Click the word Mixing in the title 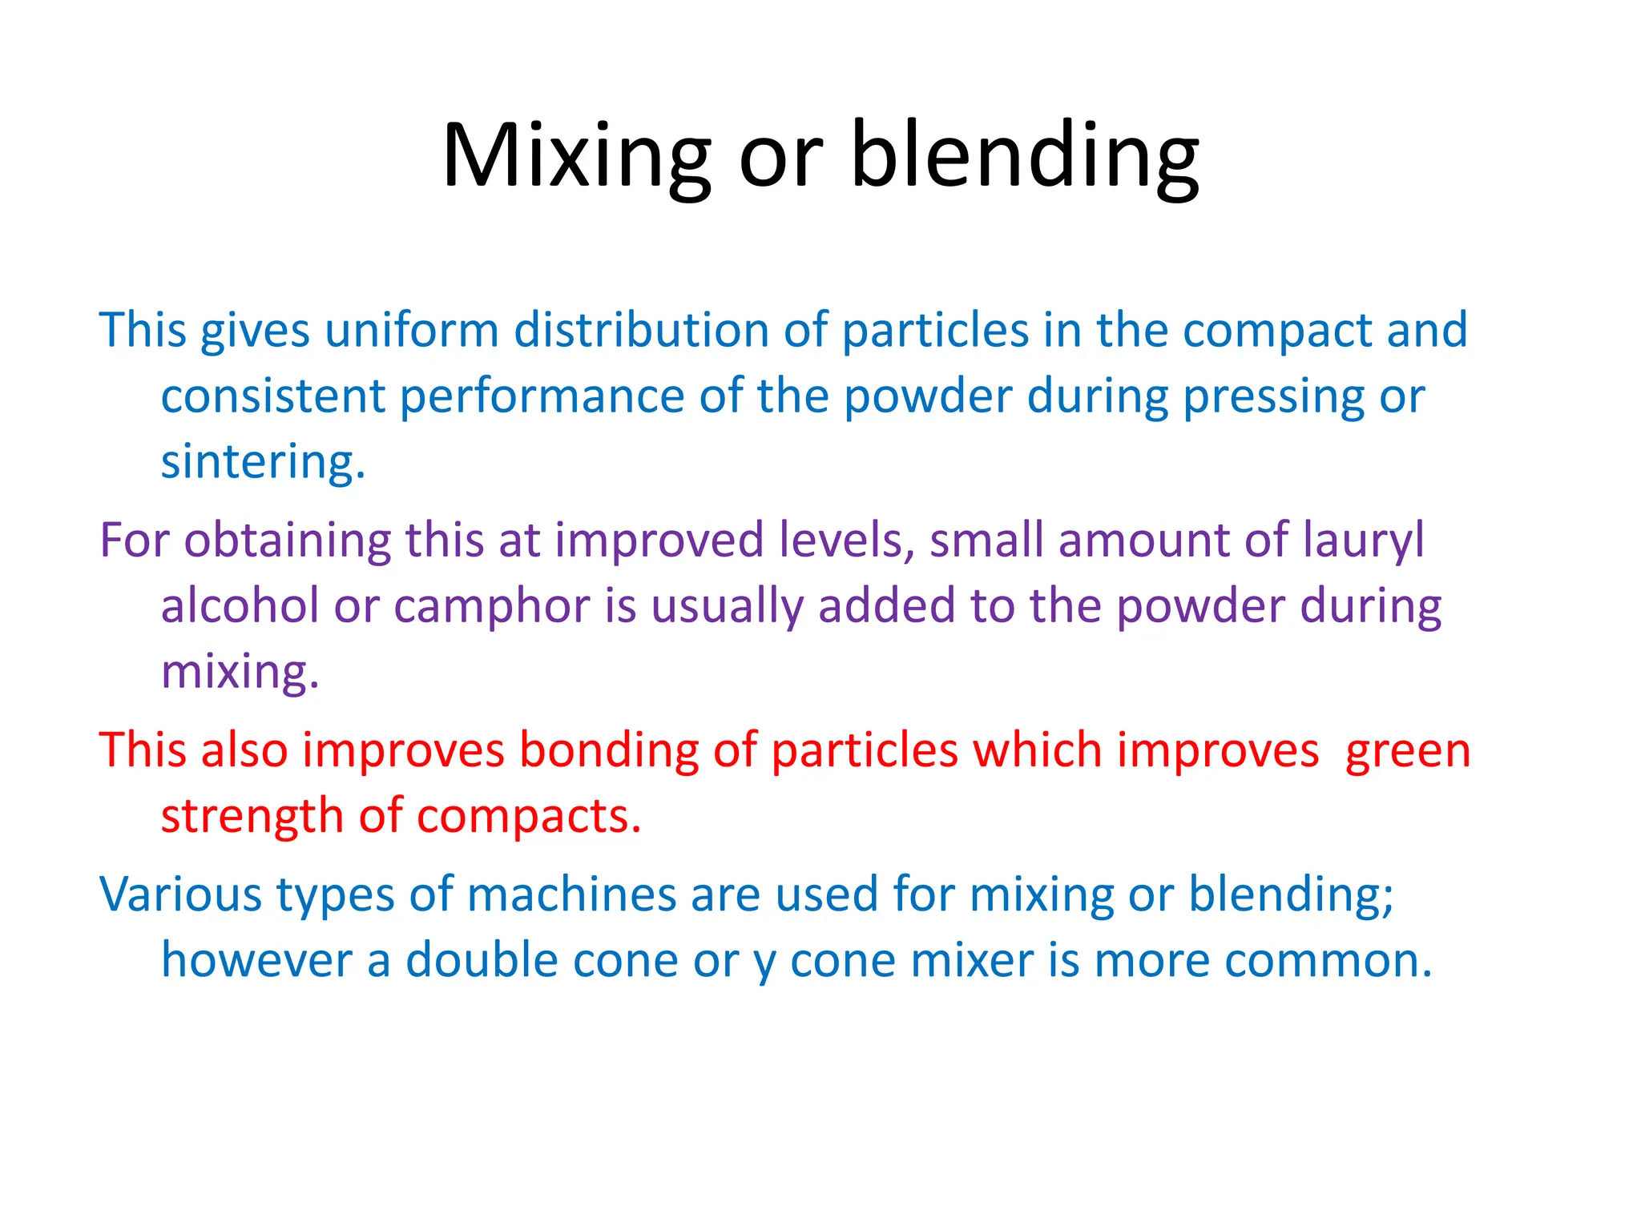575,156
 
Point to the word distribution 641,330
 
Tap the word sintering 262,462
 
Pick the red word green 1408,753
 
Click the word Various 180,894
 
